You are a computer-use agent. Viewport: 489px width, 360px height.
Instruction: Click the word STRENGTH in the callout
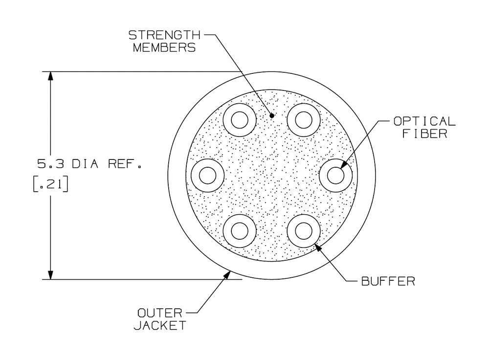point(164,35)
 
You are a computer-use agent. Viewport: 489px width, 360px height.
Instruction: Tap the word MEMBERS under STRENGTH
point(164,47)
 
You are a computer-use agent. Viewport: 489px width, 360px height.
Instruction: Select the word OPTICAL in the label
point(424,121)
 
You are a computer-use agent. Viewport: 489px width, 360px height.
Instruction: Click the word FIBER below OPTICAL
point(424,134)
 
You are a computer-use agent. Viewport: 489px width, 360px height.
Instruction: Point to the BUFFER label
point(388,281)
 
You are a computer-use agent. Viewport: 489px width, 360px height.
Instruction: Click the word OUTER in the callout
point(160,313)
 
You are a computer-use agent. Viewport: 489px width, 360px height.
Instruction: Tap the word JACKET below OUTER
point(160,325)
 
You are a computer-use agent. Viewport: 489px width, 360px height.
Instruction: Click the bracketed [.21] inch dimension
point(50,184)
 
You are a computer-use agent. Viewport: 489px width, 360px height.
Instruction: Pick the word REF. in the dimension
point(125,164)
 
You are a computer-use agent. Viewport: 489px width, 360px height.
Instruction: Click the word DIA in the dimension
point(85,164)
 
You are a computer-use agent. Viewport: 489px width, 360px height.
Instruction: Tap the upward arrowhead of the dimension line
point(50,77)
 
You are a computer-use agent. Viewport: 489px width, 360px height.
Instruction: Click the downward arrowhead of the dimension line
point(50,274)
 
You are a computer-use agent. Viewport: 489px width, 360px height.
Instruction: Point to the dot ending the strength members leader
point(272,115)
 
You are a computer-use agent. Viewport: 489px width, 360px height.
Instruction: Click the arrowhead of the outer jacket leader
point(227,275)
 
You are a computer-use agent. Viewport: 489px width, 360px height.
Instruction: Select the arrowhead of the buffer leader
point(318,247)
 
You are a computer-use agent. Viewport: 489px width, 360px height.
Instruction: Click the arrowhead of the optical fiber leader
point(343,164)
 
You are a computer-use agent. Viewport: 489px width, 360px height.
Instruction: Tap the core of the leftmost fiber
point(207,175)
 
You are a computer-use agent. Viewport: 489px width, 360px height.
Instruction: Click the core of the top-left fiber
point(240,120)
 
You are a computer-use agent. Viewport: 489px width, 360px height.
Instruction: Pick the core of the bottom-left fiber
point(240,231)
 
